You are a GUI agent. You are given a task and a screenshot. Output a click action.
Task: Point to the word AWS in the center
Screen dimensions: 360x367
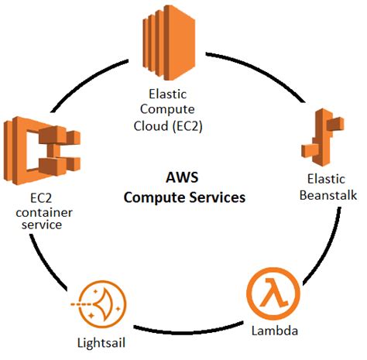[x=183, y=177]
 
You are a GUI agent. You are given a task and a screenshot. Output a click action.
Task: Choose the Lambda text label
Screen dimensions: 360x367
[x=273, y=332]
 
